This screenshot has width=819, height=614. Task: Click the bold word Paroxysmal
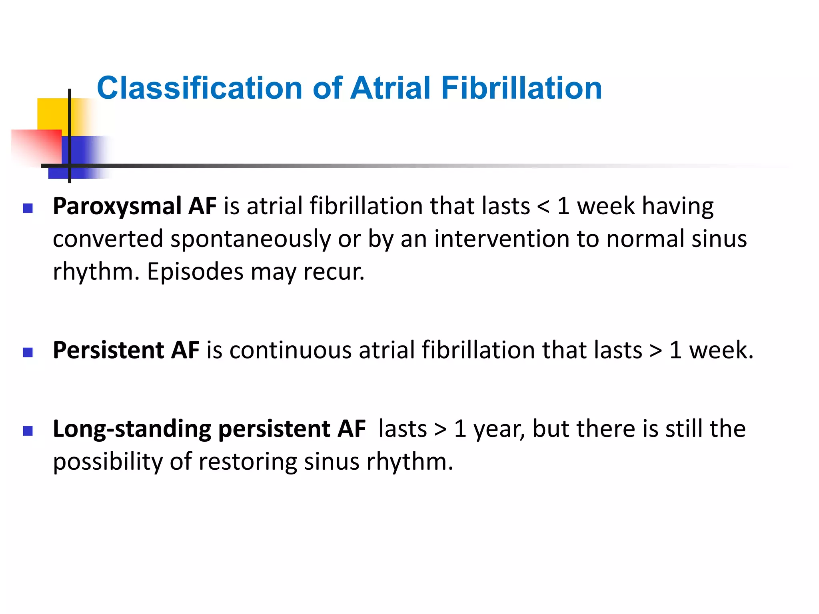tap(117, 207)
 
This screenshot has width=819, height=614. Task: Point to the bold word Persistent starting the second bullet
tap(108, 350)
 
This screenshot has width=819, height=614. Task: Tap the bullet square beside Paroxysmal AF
tap(28, 208)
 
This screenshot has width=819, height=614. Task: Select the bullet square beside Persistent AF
tap(28, 352)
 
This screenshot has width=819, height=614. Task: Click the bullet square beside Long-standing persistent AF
tap(28, 431)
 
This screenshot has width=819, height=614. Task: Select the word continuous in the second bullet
tap(291, 350)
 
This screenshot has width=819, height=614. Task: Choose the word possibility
tap(108, 462)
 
